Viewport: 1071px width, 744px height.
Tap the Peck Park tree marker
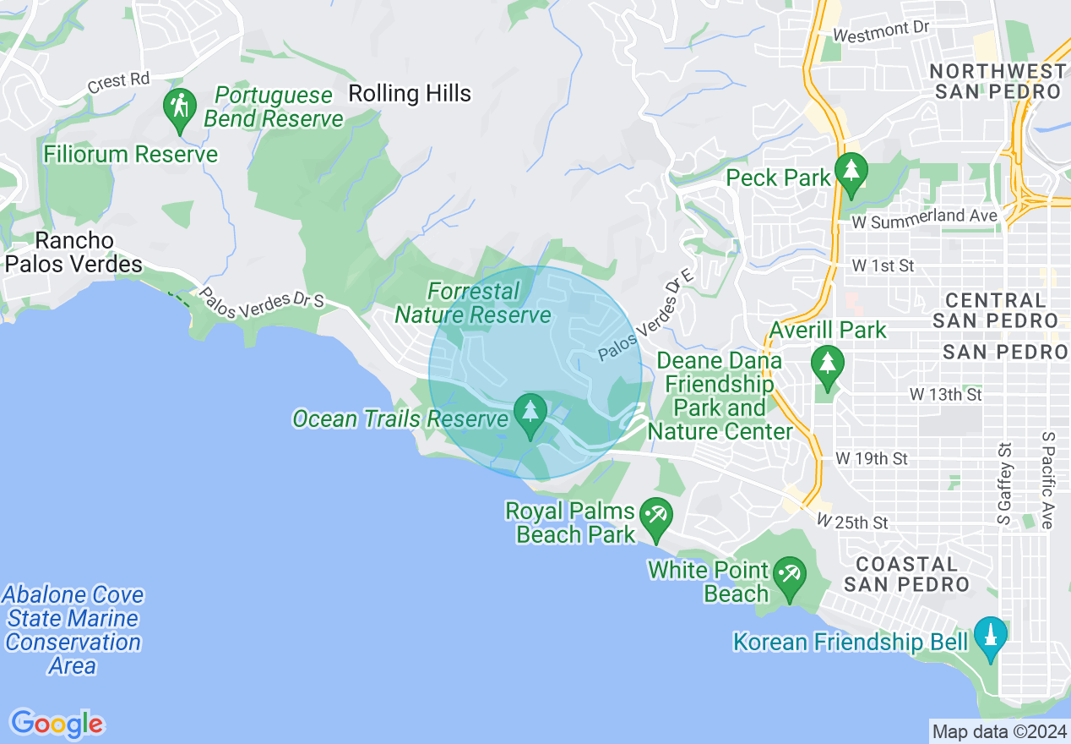pos(851,173)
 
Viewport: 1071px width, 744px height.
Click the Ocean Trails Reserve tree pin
pos(530,415)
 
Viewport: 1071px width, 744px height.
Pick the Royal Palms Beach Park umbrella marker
pos(655,517)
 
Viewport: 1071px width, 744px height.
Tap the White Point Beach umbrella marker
pos(790,578)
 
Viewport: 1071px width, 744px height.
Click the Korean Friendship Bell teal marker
pos(990,637)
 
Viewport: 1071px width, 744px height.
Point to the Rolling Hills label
pos(410,93)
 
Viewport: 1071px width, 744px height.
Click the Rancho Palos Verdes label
pos(73,252)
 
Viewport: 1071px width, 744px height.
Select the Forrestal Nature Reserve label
pos(473,304)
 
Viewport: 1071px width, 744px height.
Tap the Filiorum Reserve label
pos(131,154)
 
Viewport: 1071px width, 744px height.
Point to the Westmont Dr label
pos(881,32)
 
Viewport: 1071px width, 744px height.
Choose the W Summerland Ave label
pos(925,217)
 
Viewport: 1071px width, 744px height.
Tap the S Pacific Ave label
pos(1048,479)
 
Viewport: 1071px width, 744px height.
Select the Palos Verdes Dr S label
pos(261,298)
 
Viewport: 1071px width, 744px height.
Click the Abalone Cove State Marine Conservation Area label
pos(73,630)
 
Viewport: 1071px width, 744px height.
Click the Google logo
pos(57,724)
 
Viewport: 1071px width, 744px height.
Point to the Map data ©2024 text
pos(999,730)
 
